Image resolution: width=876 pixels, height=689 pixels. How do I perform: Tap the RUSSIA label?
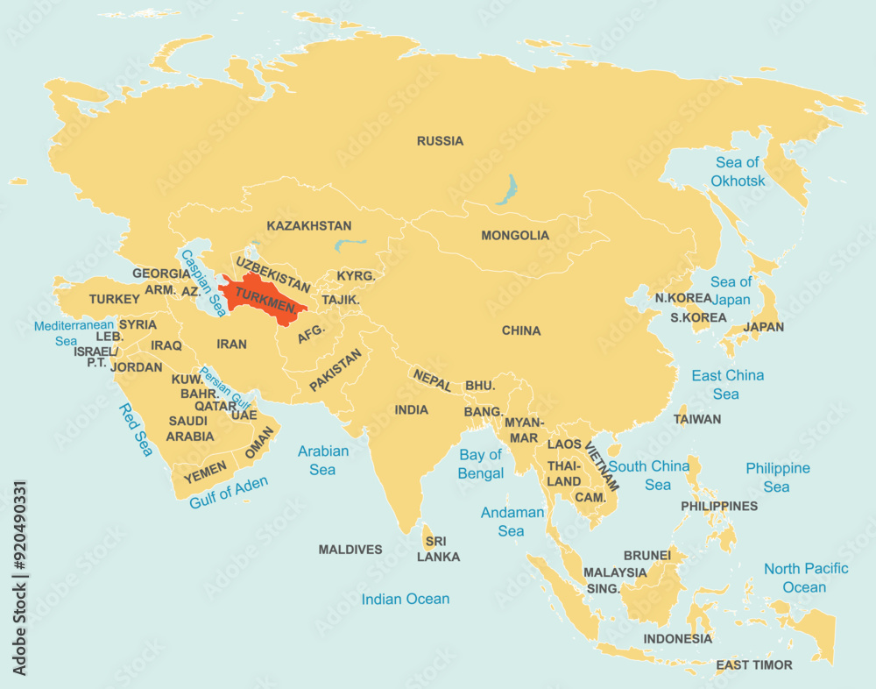(440, 141)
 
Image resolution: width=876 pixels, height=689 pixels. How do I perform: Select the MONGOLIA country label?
(515, 236)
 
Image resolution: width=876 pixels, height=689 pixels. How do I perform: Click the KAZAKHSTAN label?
(309, 226)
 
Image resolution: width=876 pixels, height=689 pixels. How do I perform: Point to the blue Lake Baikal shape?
(506, 188)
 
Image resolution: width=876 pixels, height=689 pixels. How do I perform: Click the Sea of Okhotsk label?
(738, 172)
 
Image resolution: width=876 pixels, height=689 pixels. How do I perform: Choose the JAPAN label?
(763, 327)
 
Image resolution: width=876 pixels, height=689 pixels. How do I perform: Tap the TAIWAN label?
(697, 419)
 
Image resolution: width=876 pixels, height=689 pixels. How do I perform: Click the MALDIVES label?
(350, 550)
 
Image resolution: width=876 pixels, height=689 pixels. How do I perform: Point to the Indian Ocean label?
(406, 600)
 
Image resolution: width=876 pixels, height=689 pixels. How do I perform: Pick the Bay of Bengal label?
(481, 465)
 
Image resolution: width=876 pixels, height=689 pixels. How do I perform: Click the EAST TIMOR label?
(753, 665)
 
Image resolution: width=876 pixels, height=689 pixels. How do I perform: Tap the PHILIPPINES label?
(719, 507)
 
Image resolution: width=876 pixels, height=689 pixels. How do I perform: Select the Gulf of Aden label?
(229, 493)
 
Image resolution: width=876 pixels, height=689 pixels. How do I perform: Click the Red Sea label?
(136, 430)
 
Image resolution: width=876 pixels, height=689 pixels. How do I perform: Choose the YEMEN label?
(206, 471)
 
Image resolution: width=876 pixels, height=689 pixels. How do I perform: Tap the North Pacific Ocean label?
(805, 578)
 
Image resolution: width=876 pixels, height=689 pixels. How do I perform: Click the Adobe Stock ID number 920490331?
(19, 579)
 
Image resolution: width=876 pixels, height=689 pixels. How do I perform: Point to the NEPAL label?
(433, 380)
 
